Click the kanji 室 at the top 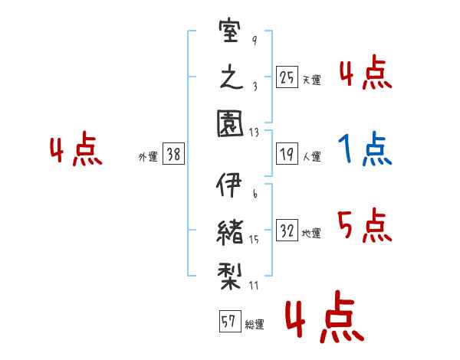(x=230, y=31)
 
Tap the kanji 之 (x=232, y=77)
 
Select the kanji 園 (x=230, y=123)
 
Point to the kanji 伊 (x=229, y=185)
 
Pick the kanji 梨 (x=230, y=276)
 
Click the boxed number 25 (x=287, y=77)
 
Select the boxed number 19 (x=287, y=154)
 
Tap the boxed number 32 (x=287, y=230)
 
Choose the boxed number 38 (x=173, y=154)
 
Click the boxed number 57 (x=230, y=321)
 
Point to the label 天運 (x=312, y=80)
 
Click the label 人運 (x=312, y=156)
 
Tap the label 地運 (x=311, y=234)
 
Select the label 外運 (x=148, y=157)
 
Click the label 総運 (x=255, y=325)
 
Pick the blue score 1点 (x=365, y=149)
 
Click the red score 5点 (x=365, y=225)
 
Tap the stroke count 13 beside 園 (x=254, y=133)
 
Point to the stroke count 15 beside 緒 (x=254, y=240)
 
